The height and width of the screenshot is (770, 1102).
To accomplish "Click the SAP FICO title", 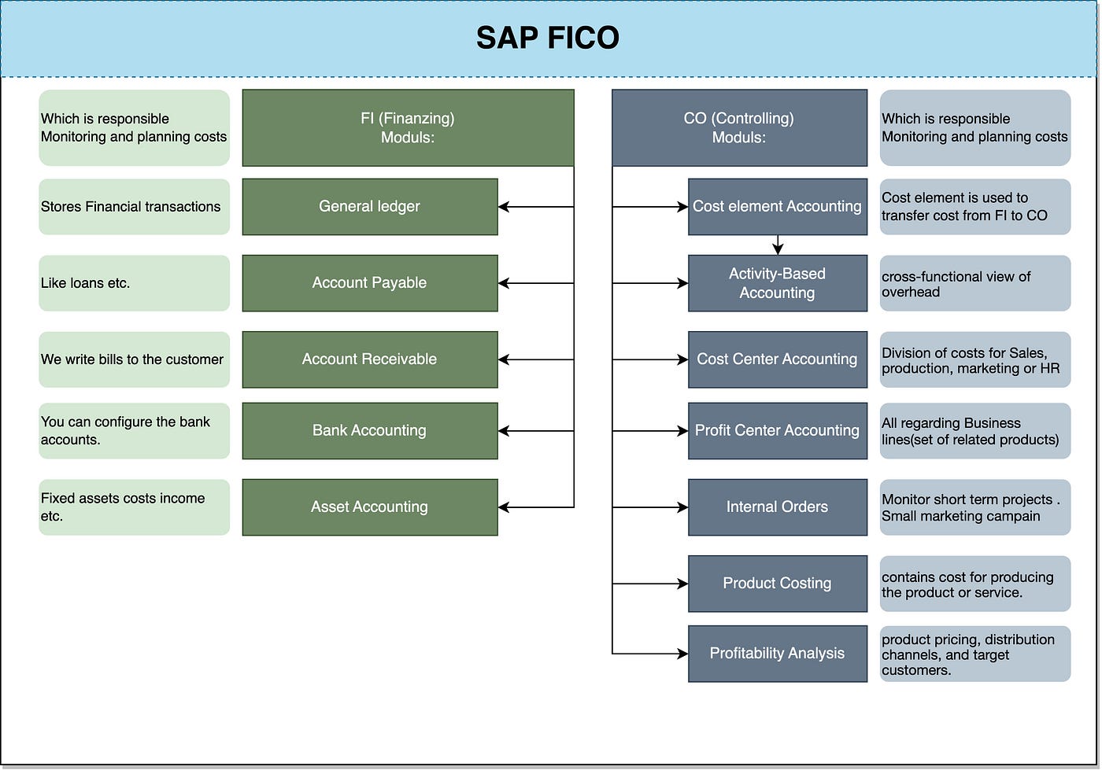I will [548, 38].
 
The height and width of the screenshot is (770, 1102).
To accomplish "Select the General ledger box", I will [369, 207].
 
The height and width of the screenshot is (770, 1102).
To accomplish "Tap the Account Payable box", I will [369, 283].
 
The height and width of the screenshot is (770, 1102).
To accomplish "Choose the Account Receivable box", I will [369, 359].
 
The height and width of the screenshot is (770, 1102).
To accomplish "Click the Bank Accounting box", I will [369, 431].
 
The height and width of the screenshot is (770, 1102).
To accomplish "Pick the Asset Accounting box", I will [369, 507].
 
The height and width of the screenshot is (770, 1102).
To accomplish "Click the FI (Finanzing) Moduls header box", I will [408, 128].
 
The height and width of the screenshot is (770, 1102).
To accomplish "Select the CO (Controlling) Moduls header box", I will [739, 128].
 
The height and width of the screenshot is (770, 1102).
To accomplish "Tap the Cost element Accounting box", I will [777, 207].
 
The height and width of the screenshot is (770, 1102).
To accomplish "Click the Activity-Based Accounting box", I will [777, 283].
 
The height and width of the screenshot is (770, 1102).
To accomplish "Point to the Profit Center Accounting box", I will [777, 431].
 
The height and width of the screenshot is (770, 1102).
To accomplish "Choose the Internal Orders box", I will [777, 507].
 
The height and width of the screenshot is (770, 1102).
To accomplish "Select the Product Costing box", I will [777, 584].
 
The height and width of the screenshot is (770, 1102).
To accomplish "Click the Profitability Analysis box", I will [777, 654].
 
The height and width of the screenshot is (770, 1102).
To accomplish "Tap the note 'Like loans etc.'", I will [134, 283].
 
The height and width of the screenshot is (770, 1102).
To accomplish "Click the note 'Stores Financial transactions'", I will [134, 207].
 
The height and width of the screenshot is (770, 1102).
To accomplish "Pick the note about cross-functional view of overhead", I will [974, 284].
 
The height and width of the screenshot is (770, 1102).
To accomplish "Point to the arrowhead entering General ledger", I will [504, 207].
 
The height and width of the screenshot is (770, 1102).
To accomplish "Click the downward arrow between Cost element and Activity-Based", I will [778, 245].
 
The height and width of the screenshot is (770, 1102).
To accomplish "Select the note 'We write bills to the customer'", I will [134, 359].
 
